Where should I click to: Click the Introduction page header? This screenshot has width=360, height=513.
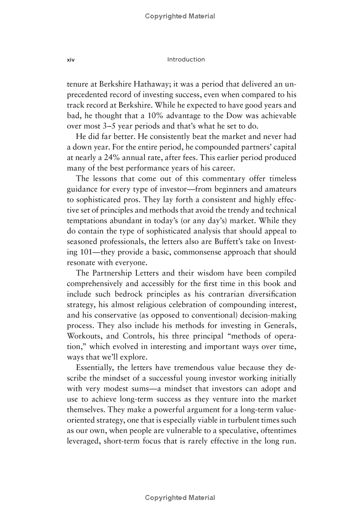coord(185,59)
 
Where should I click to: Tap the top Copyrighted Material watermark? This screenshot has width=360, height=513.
coord(180,16)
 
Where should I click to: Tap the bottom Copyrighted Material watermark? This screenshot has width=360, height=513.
coord(180,497)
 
